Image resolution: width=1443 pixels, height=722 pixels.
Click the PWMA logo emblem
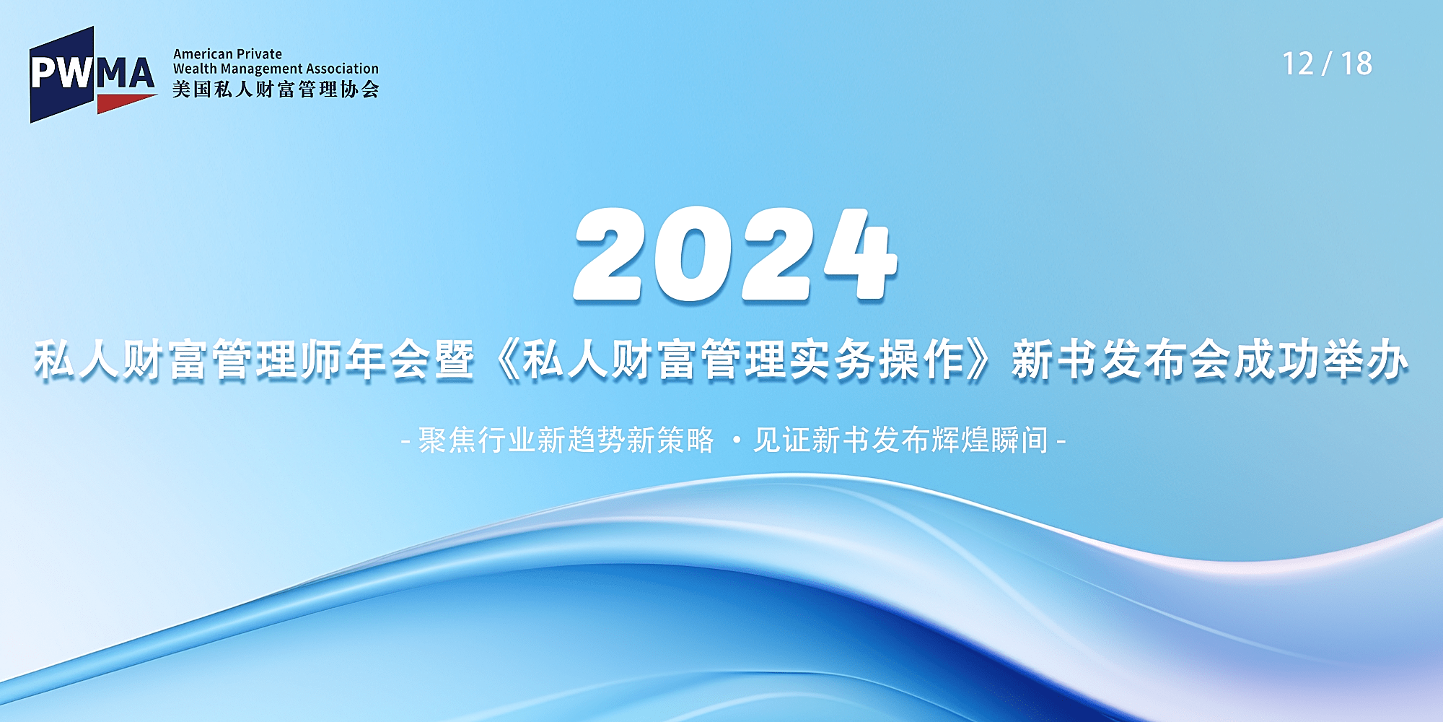pyautogui.click(x=93, y=75)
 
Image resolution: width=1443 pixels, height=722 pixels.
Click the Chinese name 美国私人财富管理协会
pyautogui.click(x=276, y=90)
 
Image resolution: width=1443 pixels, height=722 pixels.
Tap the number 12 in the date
pyautogui.click(x=1297, y=64)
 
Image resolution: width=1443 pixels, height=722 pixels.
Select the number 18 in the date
pyautogui.click(x=1356, y=64)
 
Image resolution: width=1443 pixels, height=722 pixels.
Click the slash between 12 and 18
pyautogui.click(x=1327, y=64)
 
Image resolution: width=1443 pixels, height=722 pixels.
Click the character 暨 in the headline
pyautogui.click(x=454, y=360)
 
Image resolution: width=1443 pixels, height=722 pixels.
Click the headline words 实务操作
pyautogui.click(x=877, y=360)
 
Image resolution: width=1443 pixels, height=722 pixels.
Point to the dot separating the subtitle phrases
pyautogui.click(x=736, y=440)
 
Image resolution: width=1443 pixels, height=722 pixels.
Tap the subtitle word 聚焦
pyautogui.click(x=447, y=440)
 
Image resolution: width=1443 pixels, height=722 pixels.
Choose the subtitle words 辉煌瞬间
pyautogui.click(x=989, y=440)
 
